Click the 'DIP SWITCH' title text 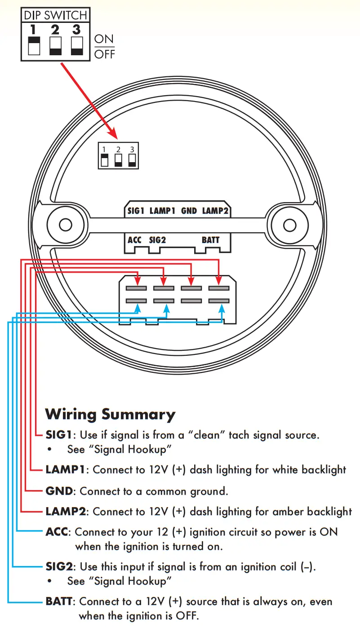(56, 15)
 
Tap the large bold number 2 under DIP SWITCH (55, 30)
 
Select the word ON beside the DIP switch (104, 39)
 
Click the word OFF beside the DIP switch (105, 54)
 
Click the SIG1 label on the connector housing (136, 211)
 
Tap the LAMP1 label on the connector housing (162, 211)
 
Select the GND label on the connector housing (189, 211)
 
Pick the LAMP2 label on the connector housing (215, 211)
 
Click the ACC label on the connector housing (134, 240)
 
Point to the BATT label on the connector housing (210, 240)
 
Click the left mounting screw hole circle (66, 225)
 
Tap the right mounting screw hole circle (290, 225)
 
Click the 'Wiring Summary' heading (110, 415)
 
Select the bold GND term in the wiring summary (59, 491)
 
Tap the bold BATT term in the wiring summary (59, 601)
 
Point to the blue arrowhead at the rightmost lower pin (222, 309)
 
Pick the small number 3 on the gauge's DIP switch (132, 150)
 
